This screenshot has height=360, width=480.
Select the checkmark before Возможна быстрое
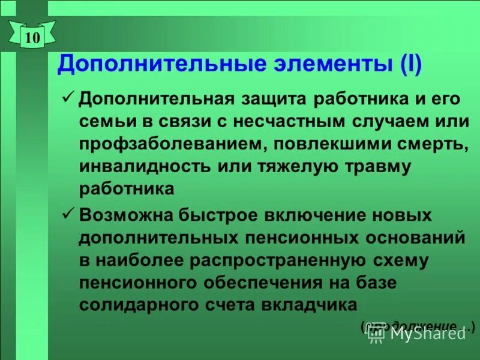[68, 212]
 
